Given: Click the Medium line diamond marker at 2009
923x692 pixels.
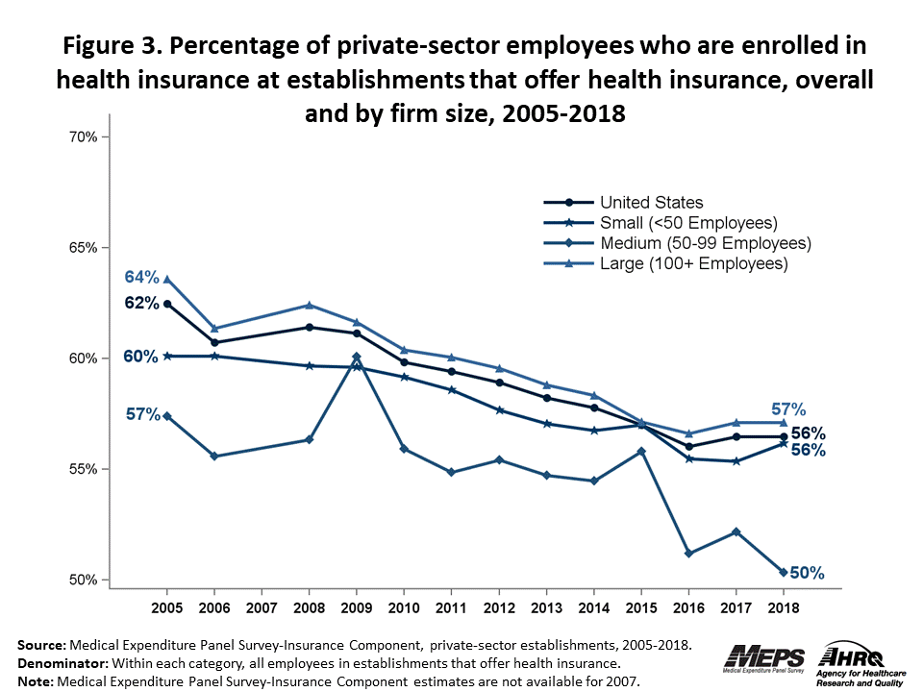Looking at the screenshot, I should point(357,357).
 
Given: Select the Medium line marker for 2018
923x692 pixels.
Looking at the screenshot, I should point(783,573).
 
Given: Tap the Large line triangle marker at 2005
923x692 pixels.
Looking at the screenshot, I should point(167,280).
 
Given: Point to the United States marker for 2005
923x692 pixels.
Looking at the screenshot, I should point(167,304).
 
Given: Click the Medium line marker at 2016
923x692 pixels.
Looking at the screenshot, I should point(688,554).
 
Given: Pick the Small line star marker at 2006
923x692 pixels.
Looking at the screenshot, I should point(214,356).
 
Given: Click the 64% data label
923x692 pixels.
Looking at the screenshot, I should point(141,278).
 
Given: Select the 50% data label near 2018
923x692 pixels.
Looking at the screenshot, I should point(808,573).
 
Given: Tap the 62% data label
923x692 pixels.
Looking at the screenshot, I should point(141,303).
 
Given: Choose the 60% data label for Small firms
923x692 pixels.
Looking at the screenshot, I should point(141,357).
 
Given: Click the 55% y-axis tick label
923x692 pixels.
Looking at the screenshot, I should point(84,469).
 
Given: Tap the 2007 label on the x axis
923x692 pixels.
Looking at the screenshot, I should point(262,608).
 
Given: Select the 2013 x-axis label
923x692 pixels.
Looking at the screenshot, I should point(546,608).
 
